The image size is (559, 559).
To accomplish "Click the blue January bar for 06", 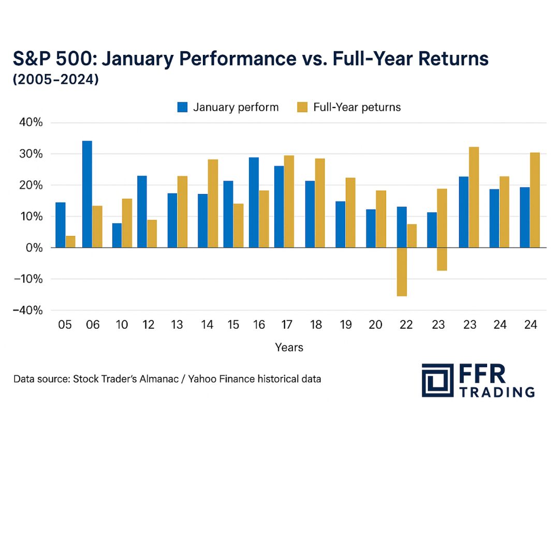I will click(x=87, y=194).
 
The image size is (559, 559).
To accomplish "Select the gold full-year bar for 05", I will click(x=70, y=242).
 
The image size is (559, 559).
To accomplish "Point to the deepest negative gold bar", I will click(x=401, y=272).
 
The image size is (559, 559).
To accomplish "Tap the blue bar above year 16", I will click(x=254, y=202).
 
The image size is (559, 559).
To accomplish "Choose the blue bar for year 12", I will click(x=142, y=212).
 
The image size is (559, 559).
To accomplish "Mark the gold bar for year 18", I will click(x=320, y=203).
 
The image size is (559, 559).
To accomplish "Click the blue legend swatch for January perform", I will click(x=182, y=107).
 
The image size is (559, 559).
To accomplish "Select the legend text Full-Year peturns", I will click(x=357, y=107).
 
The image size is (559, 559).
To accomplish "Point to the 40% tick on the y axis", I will click(x=31, y=123).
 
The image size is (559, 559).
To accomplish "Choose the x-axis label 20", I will click(x=375, y=325).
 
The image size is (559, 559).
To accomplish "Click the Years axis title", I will click(x=289, y=347).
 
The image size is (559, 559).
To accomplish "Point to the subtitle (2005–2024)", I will click(x=55, y=80).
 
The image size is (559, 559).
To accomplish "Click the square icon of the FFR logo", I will click(x=437, y=380).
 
